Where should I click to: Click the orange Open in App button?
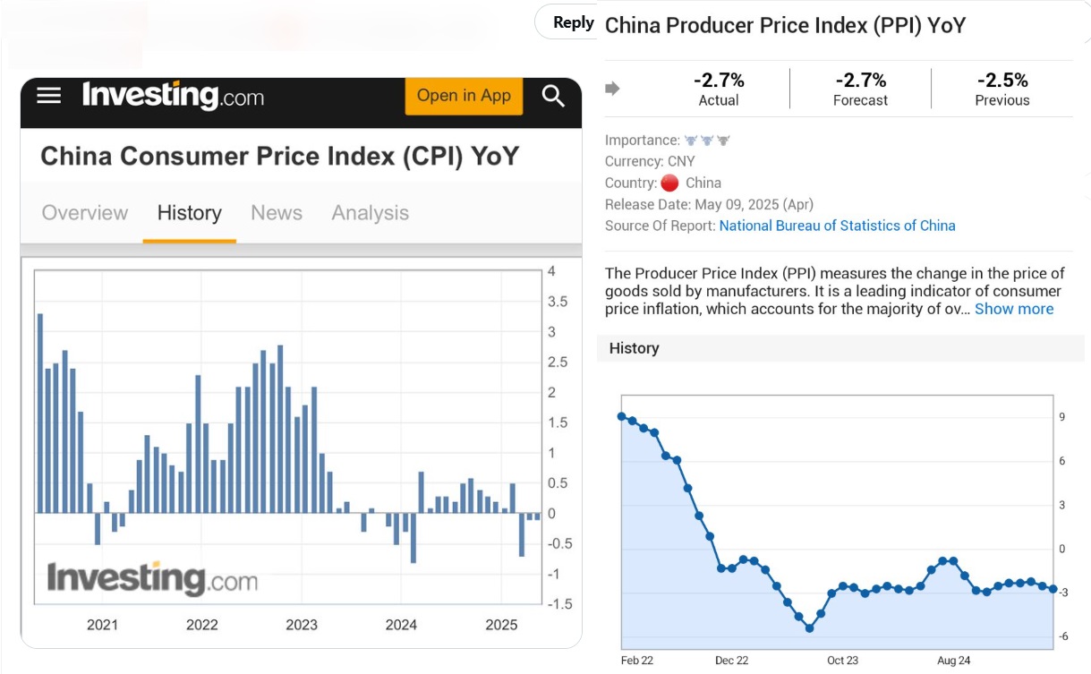tap(463, 96)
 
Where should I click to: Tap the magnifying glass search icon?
tap(553, 96)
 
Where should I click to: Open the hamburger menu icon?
tap(49, 96)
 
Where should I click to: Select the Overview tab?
tap(85, 213)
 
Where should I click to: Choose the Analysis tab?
tap(370, 213)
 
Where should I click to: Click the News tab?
tap(277, 213)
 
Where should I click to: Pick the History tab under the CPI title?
tap(189, 213)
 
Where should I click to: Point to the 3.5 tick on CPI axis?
tap(557, 302)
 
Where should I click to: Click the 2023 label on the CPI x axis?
tap(302, 625)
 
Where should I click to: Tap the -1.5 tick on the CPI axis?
tap(559, 604)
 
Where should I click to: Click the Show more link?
tap(1014, 309)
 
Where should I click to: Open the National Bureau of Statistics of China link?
tap(837, 226)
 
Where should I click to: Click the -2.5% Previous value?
tap(1002, 81)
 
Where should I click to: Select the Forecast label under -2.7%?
tap(860, 100)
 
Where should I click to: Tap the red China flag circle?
tap(669, 183)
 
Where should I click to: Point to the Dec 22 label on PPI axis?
tap(731, 661)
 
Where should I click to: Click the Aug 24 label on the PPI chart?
tap(953, 661)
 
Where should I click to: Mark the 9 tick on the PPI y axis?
tap(1061, 417)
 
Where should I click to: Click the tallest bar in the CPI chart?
tap(40, 413)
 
